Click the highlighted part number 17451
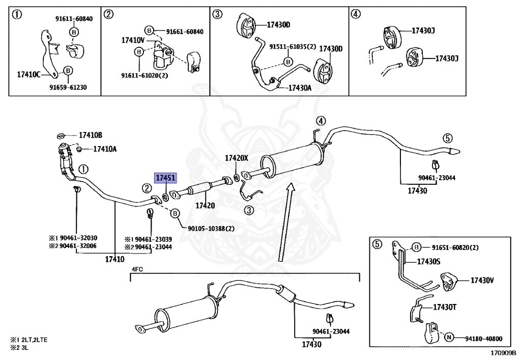165,178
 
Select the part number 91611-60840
74,19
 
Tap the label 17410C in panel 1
28,75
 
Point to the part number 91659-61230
68,88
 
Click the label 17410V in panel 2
133,41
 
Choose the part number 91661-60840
185,32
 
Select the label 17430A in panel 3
300,88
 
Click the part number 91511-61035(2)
293,47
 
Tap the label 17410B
91,135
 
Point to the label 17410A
105,149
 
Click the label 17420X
237,158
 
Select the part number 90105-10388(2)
211,229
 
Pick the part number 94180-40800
483,339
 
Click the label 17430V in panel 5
482,281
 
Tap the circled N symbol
449,338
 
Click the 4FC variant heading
137,269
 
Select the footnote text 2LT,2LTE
34,340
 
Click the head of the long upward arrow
291,188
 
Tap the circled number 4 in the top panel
356,14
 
